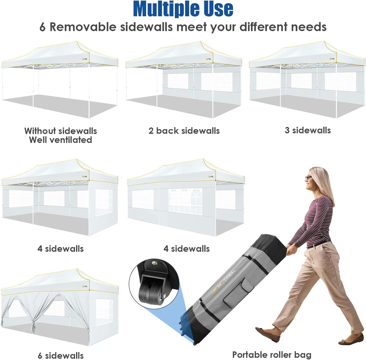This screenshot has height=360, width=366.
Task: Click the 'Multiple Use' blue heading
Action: coord(183,9)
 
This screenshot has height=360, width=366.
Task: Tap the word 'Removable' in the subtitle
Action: coord(83,27)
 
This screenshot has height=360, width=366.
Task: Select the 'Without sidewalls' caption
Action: coord(60,131)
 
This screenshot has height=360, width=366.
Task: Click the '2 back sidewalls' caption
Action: coord(184,131)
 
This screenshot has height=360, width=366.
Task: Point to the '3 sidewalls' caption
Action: coord(308,130)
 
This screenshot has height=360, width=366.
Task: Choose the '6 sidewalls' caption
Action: coord(60,355)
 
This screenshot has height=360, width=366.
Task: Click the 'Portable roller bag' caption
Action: coord(272,355)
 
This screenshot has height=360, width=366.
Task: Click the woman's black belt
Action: coord(318,244)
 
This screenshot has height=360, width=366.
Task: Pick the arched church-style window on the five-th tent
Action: coord(186,201)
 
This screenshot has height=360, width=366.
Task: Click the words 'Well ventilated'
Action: coord(60,140)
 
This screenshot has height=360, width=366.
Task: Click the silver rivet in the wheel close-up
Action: coord(154,263)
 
